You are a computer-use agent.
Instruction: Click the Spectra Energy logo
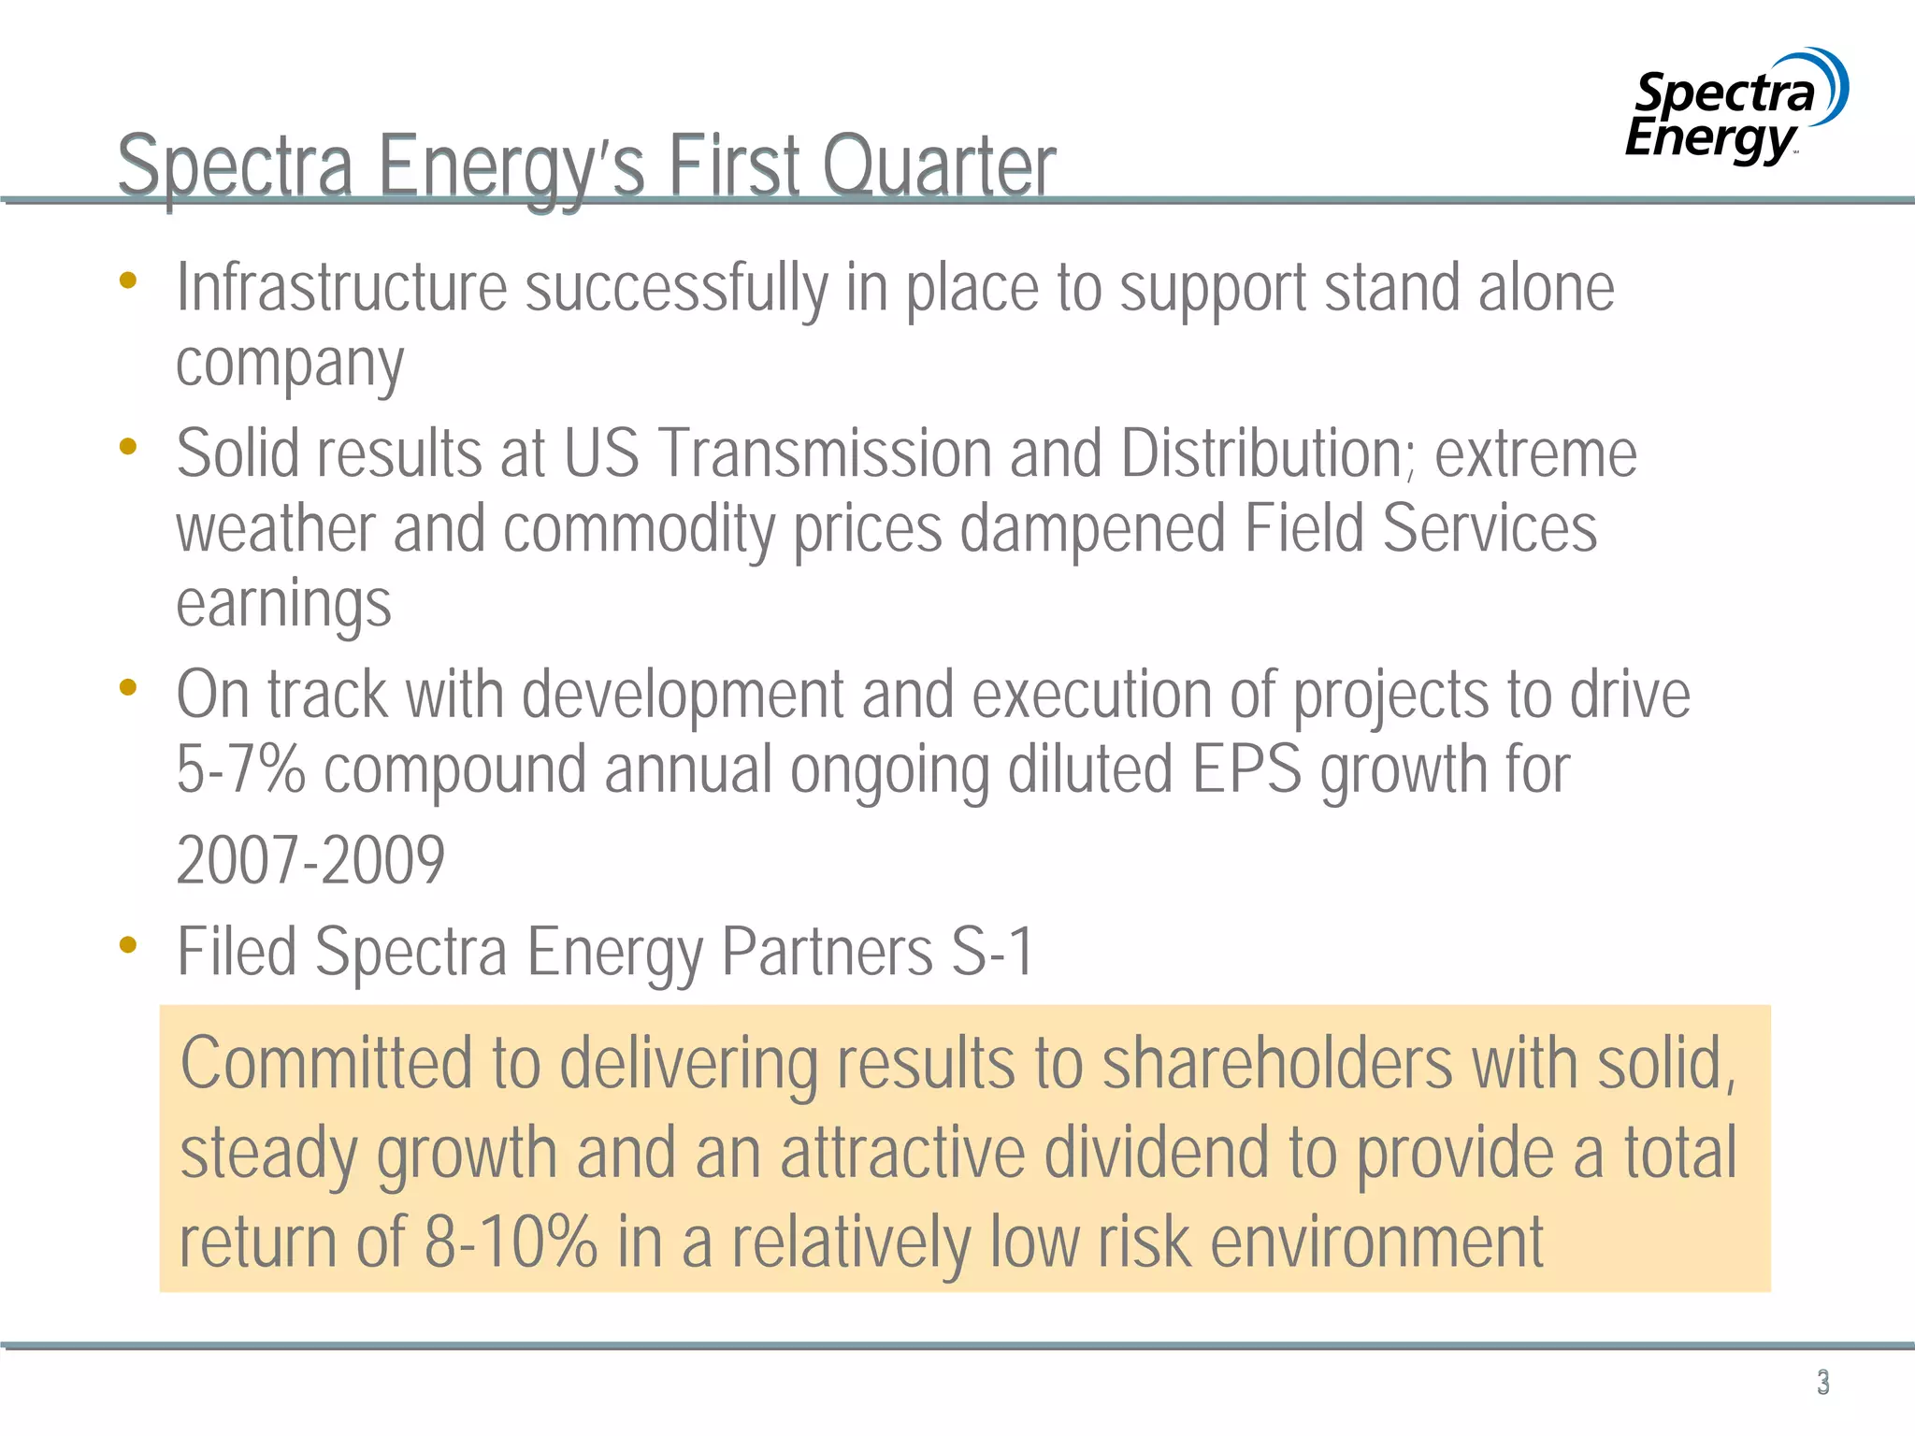(1735, 108)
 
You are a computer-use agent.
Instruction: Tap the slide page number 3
(1822, 1382)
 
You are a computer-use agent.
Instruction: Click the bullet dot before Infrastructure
(128, 280)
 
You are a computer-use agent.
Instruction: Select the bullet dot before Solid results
(128, 447)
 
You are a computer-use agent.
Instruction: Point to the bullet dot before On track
(128, 688)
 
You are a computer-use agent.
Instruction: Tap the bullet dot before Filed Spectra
(128, 945)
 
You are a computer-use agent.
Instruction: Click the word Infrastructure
(341, 287)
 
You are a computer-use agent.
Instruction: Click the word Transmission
(825, 454)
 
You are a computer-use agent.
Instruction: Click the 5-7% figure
(240, 769)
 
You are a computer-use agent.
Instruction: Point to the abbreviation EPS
(1246, 769)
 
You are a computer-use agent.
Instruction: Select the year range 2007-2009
(310, 860)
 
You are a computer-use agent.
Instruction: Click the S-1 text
(992, 952)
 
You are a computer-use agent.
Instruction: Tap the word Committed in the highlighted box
(327, 1063)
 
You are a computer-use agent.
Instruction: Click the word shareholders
(1277, 1063)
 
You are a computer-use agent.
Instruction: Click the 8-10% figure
(511, 1242)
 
